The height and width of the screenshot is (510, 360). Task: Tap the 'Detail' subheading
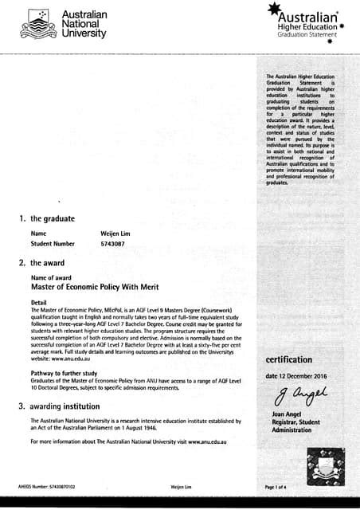(x=39, y=302)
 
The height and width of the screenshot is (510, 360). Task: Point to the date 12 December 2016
(x=297, y=375)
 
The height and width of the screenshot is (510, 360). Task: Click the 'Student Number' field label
(x=53, y=243)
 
